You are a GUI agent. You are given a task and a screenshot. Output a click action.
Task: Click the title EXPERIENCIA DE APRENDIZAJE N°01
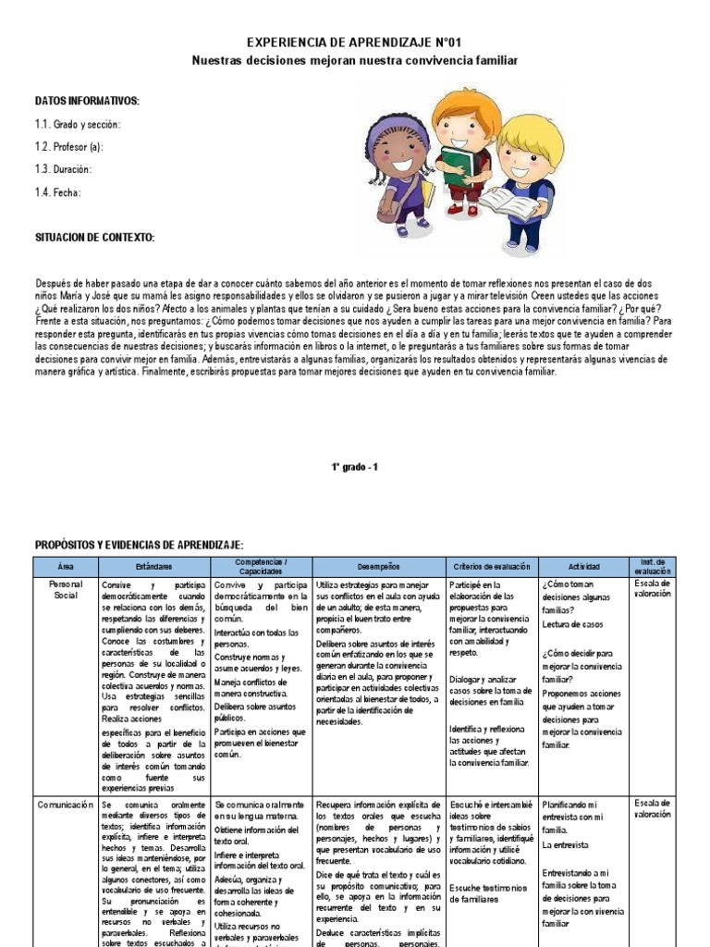[x=355, y=43]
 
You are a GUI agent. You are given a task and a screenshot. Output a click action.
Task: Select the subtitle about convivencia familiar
[x=355, y=60]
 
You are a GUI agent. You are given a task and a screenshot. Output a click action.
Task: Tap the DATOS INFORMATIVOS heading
[x=87, y=100]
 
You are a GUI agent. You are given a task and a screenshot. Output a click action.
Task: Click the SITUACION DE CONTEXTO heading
[x=94, y=238]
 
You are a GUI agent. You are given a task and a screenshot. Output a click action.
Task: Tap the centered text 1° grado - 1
[x=355, y=468]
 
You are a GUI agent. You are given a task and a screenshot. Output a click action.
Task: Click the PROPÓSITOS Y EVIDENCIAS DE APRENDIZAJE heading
[x=140, y=546]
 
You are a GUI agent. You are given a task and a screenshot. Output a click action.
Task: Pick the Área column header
[x=65, y=565]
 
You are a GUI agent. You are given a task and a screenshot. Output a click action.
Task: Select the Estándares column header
[x=153, y=565]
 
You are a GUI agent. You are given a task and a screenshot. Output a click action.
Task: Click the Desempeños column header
[x=379, y=565]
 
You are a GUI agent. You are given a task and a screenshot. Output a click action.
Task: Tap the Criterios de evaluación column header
[x=492, y=565]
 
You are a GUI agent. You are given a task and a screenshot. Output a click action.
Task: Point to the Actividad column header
[x=584, y=565]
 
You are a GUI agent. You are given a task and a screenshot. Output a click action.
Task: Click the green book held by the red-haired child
[x=456, y=164]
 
